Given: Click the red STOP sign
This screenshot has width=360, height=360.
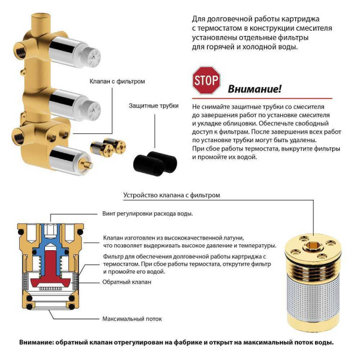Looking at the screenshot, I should [x=206, y=81].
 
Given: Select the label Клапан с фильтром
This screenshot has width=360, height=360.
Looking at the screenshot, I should [x=118, y=81].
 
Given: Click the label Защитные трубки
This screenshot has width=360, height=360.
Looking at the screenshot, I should [x=154, y=105].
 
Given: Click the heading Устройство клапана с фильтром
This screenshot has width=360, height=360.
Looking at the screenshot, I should [x=172, y=195].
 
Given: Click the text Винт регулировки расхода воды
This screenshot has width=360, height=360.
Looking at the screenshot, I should [x=148, y=213].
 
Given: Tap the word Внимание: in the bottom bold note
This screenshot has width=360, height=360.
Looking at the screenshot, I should [x=37, y=343].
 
